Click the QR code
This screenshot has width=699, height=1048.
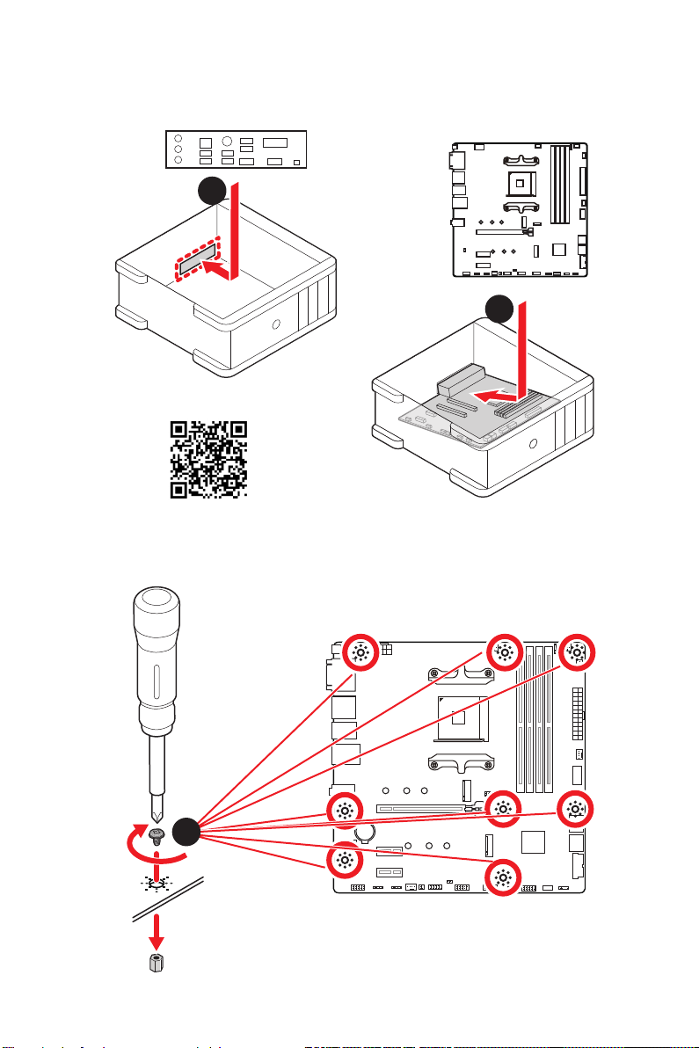pyautogui.click(x=208, y=459)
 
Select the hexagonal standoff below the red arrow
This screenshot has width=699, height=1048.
pyautogui.click(x=156, y=963)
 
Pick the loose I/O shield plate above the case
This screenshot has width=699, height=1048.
pyautogui.click(x=236, y=151)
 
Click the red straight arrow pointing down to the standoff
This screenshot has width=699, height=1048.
pyautogui.click(x=156, y=932)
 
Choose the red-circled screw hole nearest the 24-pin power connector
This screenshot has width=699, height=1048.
pyautogui.click(x=576, y=652)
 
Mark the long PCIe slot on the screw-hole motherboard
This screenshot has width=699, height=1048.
pyautogui.click(x=425, y=806)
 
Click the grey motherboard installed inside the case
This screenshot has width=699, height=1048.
pyautogui.click(x=466, y=413)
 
